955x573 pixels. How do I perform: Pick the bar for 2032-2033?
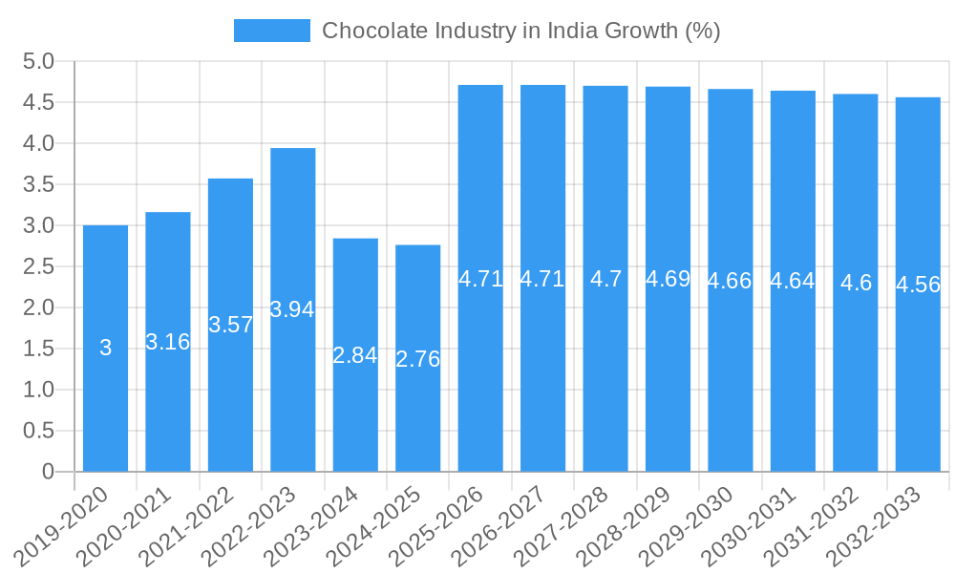coord(918,382)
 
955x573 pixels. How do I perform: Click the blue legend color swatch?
coord(272,31)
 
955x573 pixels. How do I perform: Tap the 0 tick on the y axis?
coord(49,472)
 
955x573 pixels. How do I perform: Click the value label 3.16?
coord(168,341)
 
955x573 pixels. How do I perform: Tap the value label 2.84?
coord(355,355)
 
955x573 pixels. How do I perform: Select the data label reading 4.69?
coord(668,279)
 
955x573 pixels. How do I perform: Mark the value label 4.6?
coord(856,283)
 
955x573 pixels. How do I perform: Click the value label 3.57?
coord(230,325)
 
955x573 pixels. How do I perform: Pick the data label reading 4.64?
coord(793,281)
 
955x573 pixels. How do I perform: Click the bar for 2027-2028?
coord(605,382)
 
